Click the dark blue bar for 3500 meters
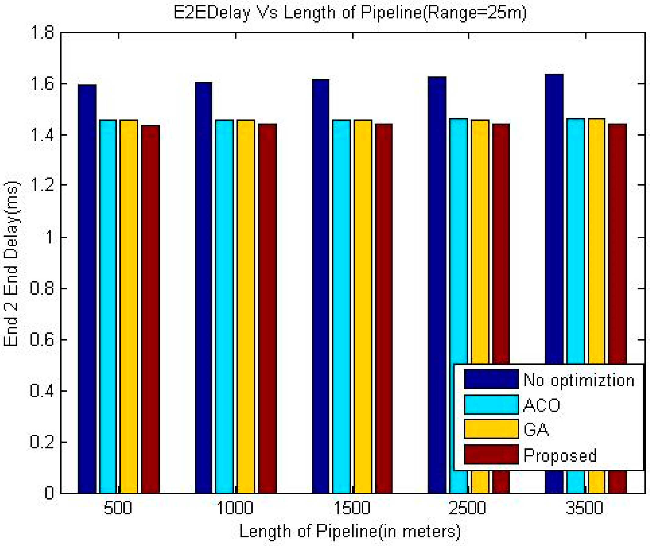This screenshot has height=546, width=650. click(x=554, y=217)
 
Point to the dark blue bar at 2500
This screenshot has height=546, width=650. click(x=437, y=217)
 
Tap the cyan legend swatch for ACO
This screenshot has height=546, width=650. click(x=491, y=405)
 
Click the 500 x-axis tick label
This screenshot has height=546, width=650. click(x=118, y=509)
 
